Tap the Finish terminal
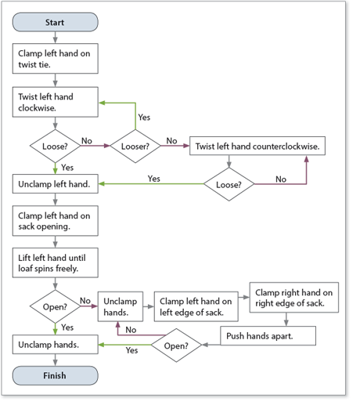55,375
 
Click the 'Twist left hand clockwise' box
55,103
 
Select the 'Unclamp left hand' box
55,186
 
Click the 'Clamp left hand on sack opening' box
55,223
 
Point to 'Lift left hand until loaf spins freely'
55,263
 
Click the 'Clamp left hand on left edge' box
192,306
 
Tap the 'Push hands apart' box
268,335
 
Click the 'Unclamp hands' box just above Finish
55,343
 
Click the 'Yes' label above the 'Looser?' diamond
144,117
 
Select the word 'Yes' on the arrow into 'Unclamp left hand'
153,179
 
